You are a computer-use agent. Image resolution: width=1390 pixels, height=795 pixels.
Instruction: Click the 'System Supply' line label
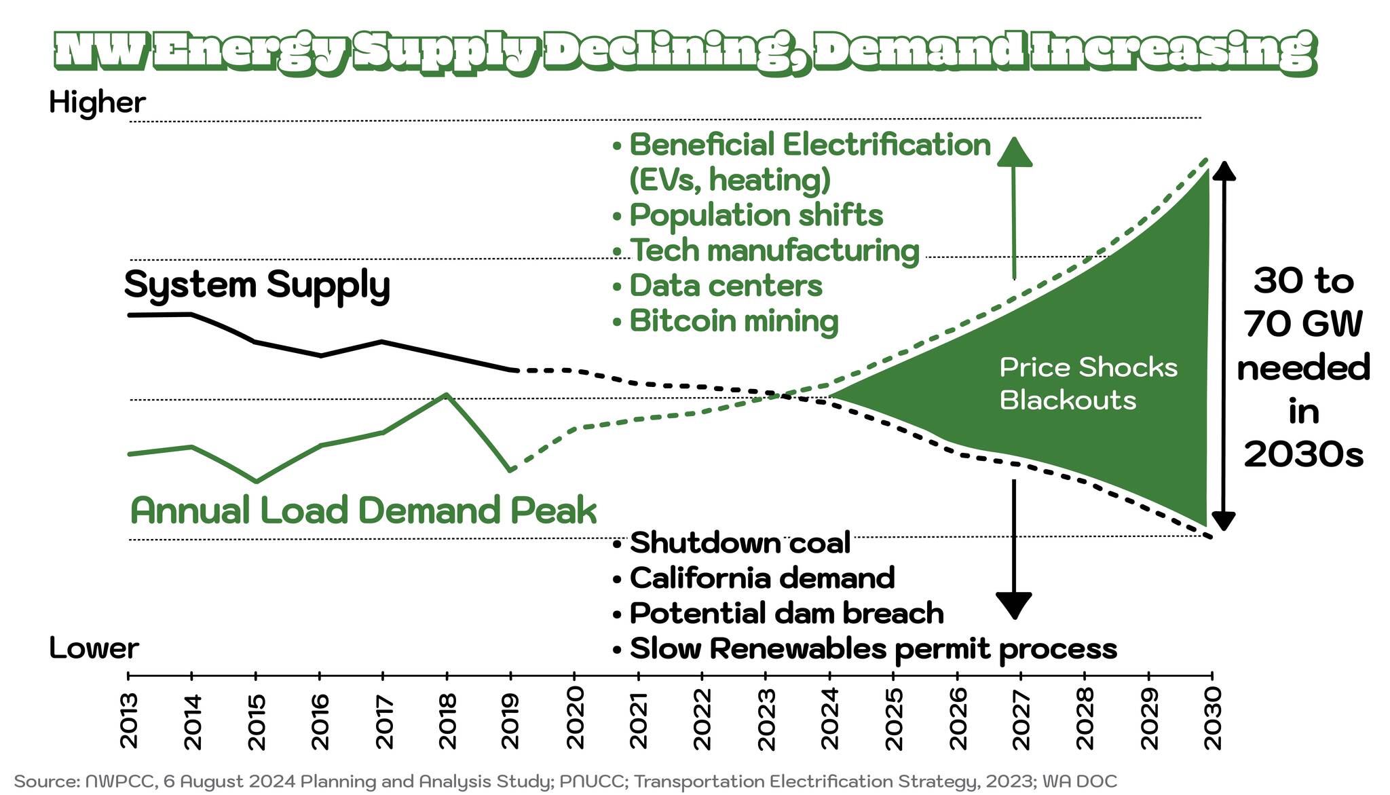(x=257, y=284)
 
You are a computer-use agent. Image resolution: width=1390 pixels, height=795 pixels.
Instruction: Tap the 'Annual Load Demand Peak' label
(x=363, y=511)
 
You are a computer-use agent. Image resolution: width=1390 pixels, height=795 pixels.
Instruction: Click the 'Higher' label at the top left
(x=97, y=103)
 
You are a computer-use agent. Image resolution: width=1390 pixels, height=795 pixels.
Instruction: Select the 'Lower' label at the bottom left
(x=94, y=648)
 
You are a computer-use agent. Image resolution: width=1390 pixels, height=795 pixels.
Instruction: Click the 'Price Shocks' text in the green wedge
(x=1088, y=367)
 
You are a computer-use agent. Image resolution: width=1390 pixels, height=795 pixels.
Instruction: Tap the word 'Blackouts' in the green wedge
(x=1068, y=400)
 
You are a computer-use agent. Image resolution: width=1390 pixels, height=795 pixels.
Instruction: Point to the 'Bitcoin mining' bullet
(x=734, y=320)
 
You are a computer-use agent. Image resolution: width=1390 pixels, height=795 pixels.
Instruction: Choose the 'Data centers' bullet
(x=726, y=285)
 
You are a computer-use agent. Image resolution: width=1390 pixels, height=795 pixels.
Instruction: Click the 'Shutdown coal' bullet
(x=740, y=543)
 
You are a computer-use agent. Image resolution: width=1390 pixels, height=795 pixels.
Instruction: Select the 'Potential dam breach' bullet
(x=786, y=613)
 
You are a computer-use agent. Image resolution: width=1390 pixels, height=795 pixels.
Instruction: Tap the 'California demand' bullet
(x=762, y=578)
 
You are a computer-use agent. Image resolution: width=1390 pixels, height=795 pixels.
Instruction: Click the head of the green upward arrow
(x=1014, y=152)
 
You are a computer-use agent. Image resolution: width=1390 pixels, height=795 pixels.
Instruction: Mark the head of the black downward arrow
(x=1014, y=604)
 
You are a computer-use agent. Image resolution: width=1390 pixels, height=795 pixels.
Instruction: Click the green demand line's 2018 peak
(x=445, y=394)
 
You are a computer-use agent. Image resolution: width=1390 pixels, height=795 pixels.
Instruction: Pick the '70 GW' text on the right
(x=1303, y=325)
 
